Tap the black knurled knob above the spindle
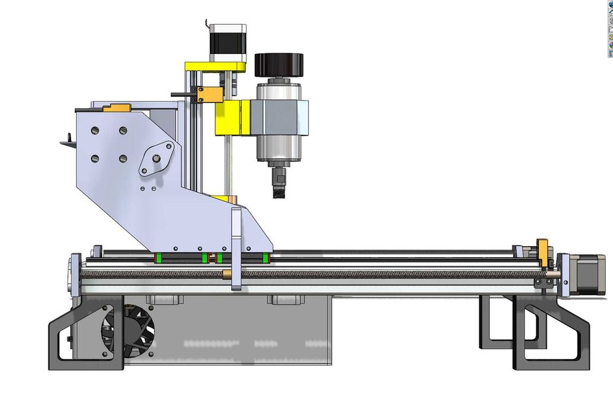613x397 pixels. [279, 64]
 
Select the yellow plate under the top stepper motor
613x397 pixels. [215, 66]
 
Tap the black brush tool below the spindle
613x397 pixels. [279, 190]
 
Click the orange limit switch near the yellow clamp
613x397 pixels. [211, 94]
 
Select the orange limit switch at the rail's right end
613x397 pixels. [542, 252]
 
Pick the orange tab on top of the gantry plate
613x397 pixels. [117, 109]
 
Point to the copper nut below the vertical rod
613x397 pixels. [234, 200]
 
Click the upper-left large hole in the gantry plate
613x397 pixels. [95, 131]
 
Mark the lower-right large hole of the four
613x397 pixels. [123, 160]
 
